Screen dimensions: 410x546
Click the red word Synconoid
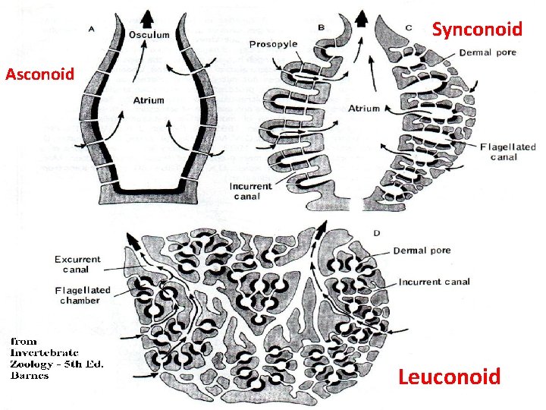click(x=477, y=30)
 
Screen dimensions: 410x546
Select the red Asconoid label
click(x=40, y=74)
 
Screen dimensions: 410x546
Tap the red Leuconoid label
click(x=450, y=377)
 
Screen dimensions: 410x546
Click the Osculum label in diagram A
click(x=149, y=35)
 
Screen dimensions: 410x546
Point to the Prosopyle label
click(x=273, y=44)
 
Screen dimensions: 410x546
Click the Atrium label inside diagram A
click(x=149, y=99)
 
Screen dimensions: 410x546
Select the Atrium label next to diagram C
click(x=364, y=109)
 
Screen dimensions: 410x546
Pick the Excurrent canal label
click(x=77, y=264)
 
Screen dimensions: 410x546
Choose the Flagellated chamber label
click(x=83, y=295)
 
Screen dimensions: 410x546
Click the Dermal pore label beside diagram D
click(x=422, y=251)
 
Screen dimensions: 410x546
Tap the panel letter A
click(x=92, y=28)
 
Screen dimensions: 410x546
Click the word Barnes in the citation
click(x=30, y=375)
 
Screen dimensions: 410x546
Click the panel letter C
click(x=409, y=27)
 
